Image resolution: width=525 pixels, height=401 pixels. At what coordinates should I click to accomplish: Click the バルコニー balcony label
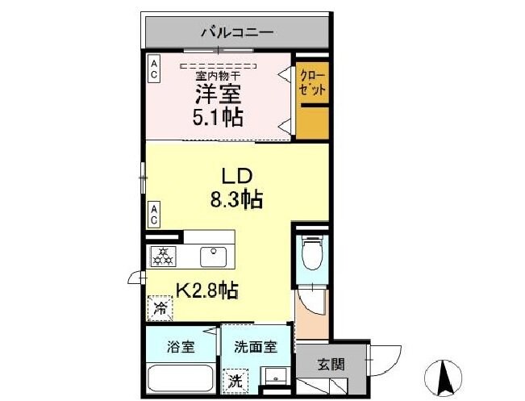(237, 33)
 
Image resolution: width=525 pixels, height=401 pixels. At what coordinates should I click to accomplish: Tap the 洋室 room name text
(217, 90)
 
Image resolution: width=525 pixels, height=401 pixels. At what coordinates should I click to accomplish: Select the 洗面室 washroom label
(256, 347)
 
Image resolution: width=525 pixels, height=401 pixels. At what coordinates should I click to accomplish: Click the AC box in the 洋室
(154, 67)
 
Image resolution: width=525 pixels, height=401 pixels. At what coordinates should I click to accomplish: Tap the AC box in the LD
(153, 214)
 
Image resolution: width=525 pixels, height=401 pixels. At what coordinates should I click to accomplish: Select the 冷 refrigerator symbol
(160, 308)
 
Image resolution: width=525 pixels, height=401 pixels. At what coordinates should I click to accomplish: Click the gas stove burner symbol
(164, 257)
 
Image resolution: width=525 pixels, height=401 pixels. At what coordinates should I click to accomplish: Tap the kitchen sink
(214, 256)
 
